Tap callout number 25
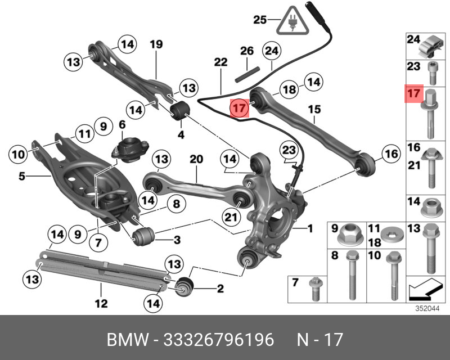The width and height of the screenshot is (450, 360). click(x=260, y=20)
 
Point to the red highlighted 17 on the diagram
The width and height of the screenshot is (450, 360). click(x=239, y=107)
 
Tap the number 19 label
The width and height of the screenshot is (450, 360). click(x=156, y=43)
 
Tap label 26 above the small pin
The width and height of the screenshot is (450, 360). click(x=247, y=51)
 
